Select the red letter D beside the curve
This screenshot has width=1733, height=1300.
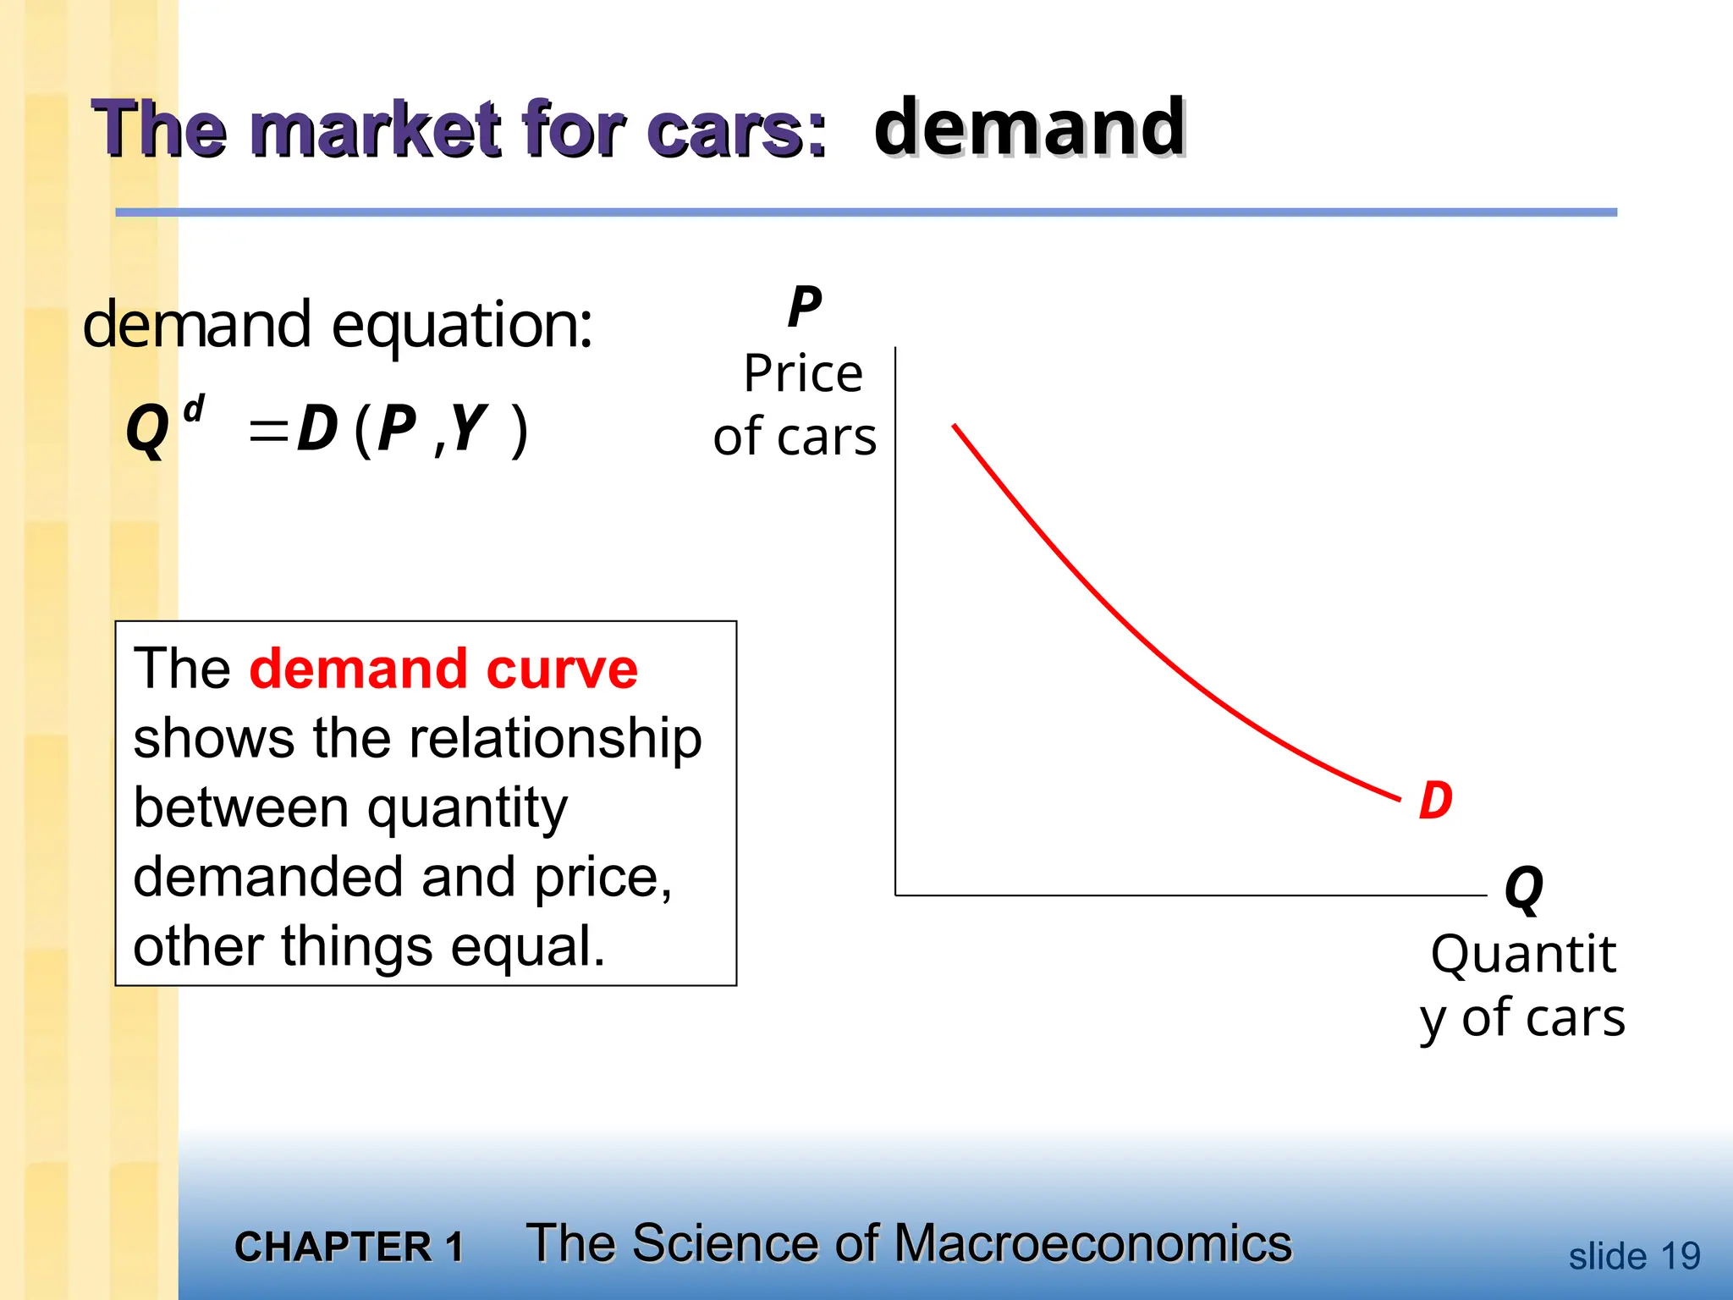click(x=1436, y=800)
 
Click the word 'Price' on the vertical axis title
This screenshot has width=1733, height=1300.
click(x=803, y=373)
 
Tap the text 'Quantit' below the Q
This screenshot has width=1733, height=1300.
click(x=1523, y=955)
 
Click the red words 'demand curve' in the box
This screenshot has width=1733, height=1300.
click(x=443, y=669)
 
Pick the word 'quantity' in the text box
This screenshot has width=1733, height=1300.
click(x=467, y=808)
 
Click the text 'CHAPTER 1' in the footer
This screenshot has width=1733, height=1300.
click(x=349, y=1247)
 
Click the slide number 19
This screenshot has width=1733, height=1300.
click(x=1680, y=1256)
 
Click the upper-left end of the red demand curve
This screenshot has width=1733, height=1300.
click(x=955, y=426)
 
